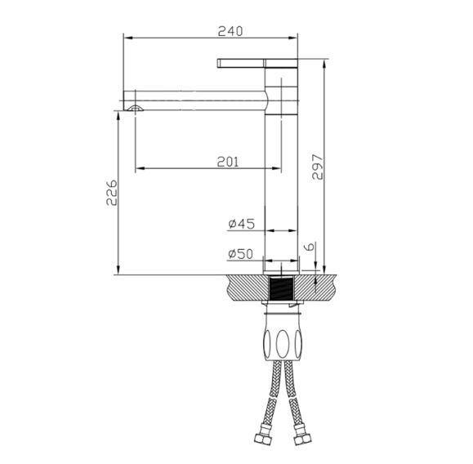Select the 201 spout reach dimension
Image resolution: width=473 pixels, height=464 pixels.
tap(228, 162)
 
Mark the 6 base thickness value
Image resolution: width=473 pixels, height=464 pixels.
tap(309, 246)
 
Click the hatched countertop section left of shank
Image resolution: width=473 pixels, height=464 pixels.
tap(245, 286)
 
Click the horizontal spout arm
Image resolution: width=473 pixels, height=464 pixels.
tap(200, 99)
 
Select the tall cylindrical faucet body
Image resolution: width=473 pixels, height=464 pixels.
tap(282, 180)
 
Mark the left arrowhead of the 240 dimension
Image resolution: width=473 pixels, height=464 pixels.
tap(127, 38)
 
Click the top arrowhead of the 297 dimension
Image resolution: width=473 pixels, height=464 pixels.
tap(326, 64)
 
